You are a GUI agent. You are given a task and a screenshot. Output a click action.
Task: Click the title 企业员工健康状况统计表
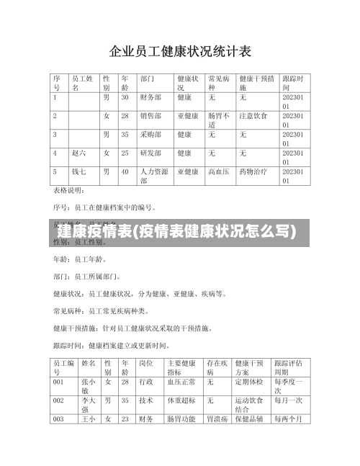[180, 51]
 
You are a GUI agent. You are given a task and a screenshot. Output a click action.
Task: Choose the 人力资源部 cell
[154, 176]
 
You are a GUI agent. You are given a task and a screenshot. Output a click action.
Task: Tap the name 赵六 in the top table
[79, 153]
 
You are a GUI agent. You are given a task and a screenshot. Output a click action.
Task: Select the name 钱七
[79, 171]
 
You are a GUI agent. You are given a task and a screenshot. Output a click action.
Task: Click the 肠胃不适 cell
[219, 120]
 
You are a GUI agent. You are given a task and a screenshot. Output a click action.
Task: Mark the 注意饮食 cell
[253, 115]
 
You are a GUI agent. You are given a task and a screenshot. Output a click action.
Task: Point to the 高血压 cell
[218, 171]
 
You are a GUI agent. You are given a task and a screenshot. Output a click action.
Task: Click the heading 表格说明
[70, 191]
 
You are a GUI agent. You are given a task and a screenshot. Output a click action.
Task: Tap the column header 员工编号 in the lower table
[63, 368]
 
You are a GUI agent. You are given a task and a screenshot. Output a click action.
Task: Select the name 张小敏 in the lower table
[89, 386]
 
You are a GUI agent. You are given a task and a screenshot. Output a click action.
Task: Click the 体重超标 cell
[179, 400]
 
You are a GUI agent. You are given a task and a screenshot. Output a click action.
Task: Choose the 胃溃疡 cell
[218, 418]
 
